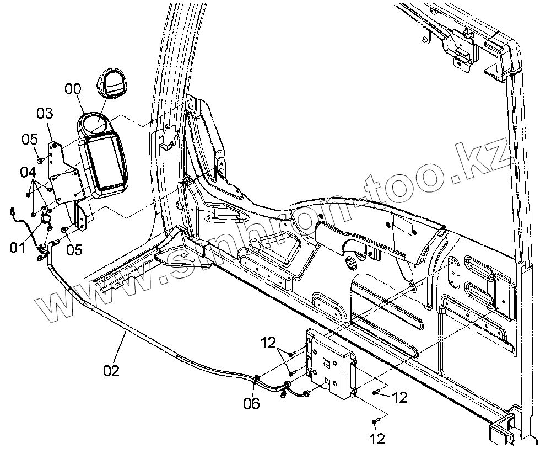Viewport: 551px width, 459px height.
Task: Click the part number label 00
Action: point(72,89)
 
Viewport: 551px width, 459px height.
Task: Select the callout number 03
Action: point(45,114)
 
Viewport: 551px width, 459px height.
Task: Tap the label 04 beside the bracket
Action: point(28,172)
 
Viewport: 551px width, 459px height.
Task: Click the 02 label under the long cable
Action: point(111,370)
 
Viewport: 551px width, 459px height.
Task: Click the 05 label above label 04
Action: point(30,139)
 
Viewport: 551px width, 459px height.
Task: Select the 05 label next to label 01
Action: point(74,250)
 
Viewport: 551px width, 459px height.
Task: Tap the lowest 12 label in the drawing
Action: point(377,439)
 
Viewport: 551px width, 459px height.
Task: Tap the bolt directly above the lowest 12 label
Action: point(375,422)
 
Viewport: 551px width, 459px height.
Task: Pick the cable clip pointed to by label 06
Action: point(257,379)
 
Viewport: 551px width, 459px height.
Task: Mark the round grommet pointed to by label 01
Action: point(46,219)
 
